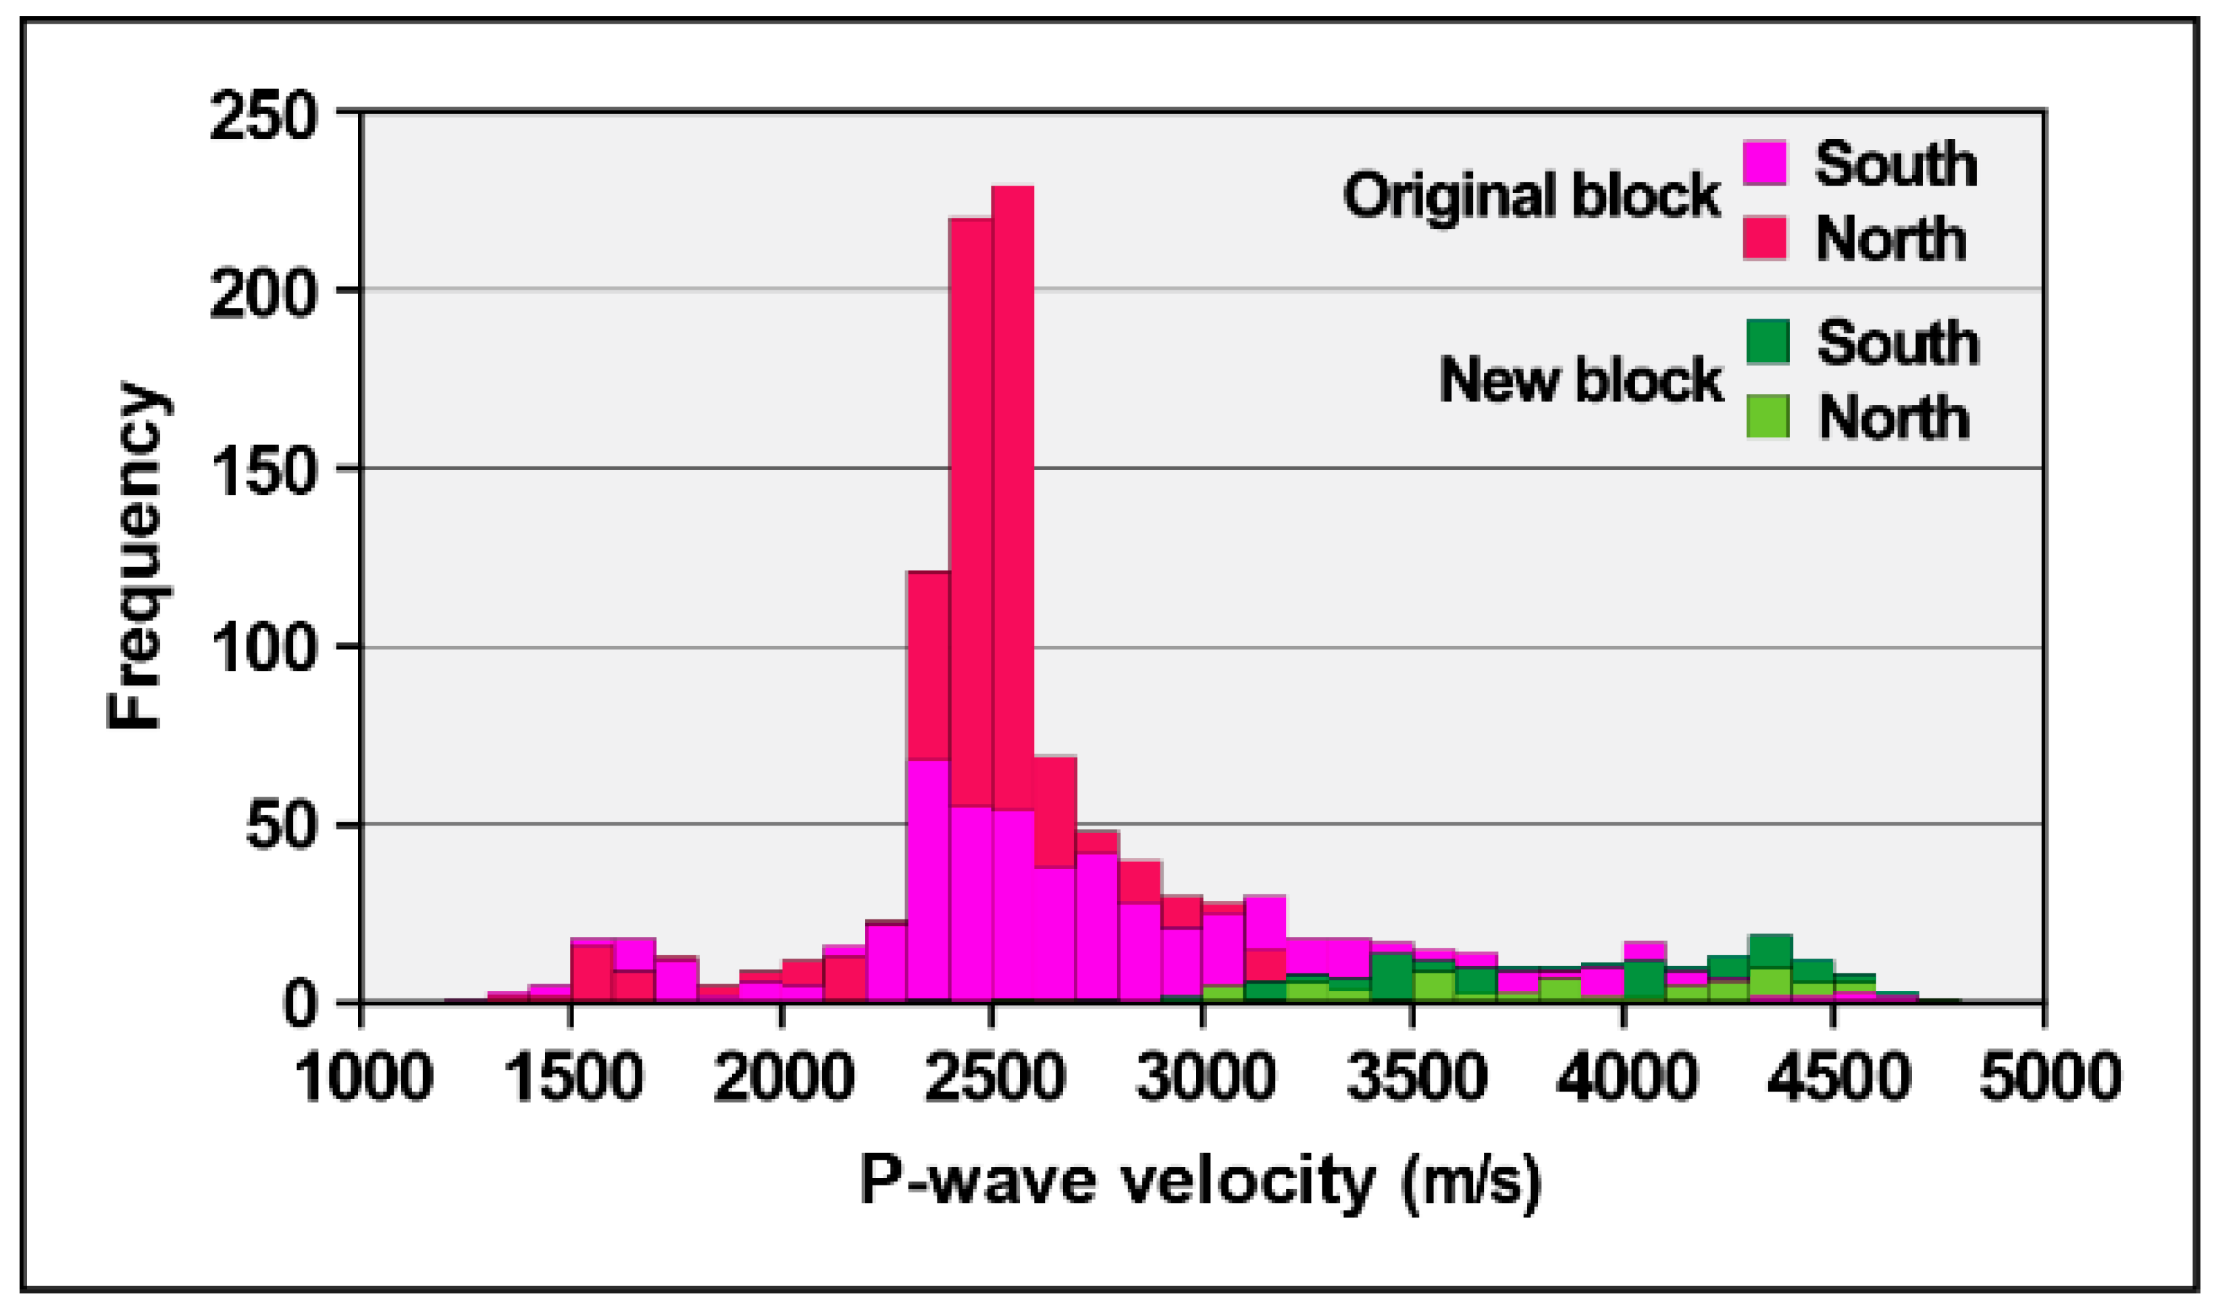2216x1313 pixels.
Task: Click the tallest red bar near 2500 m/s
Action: click(1012, 495)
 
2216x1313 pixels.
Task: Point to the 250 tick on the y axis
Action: click(263, 117)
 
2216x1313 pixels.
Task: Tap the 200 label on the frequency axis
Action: click(263, 294)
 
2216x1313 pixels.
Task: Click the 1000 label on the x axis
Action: click(363, 1077)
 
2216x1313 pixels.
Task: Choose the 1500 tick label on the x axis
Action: click(573, 1077)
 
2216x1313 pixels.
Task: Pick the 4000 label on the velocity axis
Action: click(1626, 1077)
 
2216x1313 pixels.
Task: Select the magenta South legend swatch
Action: click(1765, 163)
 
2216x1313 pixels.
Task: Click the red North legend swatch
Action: click(1765, 237)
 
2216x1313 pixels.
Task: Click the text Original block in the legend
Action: click(1531, 196)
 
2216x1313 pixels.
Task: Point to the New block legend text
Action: click(1580, 381)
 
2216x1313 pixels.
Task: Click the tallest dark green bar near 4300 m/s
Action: click(1771, 951)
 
